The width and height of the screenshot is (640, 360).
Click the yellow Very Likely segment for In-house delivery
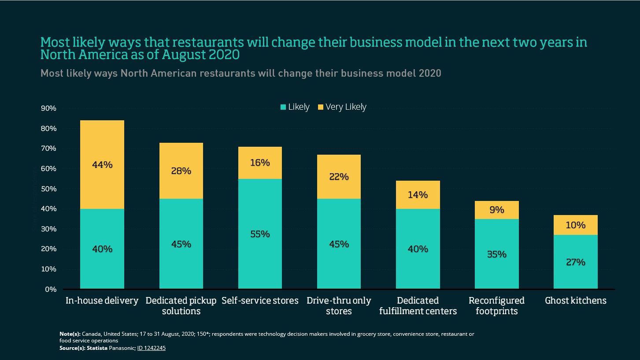click(102, 145)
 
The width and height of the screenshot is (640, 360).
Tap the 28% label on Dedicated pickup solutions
click(181, 171)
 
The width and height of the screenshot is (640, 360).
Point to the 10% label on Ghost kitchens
click(576, 225)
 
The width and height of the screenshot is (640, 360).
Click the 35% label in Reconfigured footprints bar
click(496, 254)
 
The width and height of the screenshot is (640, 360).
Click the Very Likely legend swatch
click(320, 107)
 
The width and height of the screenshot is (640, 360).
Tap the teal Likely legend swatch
click(283, 107)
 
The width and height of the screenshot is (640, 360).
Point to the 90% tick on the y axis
click(48, 108)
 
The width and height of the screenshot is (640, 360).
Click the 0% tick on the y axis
click(51, 289)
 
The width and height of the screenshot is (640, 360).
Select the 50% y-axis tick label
click(48, 189)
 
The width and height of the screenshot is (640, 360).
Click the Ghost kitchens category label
click(576, 301)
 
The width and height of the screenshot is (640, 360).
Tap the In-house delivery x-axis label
click(102, 301)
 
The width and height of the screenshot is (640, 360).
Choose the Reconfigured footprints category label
click(496, 306)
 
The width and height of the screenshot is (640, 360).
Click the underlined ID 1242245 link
click(151, 348)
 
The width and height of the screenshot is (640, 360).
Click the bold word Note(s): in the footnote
click(70, 334)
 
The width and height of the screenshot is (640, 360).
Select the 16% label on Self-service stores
click(260, 163)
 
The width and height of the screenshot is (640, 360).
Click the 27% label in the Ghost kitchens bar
click(576, 262)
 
